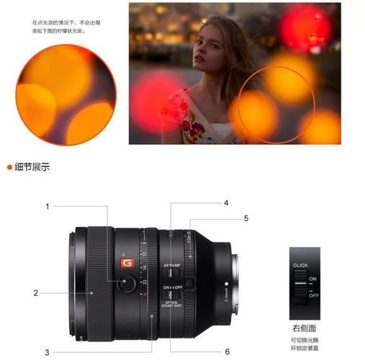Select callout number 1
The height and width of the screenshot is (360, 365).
[x=48, y=207]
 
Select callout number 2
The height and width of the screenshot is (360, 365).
[x=35, y=292]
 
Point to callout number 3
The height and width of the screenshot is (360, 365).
[x=48, y=351]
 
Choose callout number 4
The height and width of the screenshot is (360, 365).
[x=225, y=204]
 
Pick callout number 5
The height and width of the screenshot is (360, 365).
[x=245, y=217]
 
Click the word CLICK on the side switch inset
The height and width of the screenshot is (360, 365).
[x=300, y=266]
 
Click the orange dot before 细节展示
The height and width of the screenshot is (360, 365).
[x=9, y=167]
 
